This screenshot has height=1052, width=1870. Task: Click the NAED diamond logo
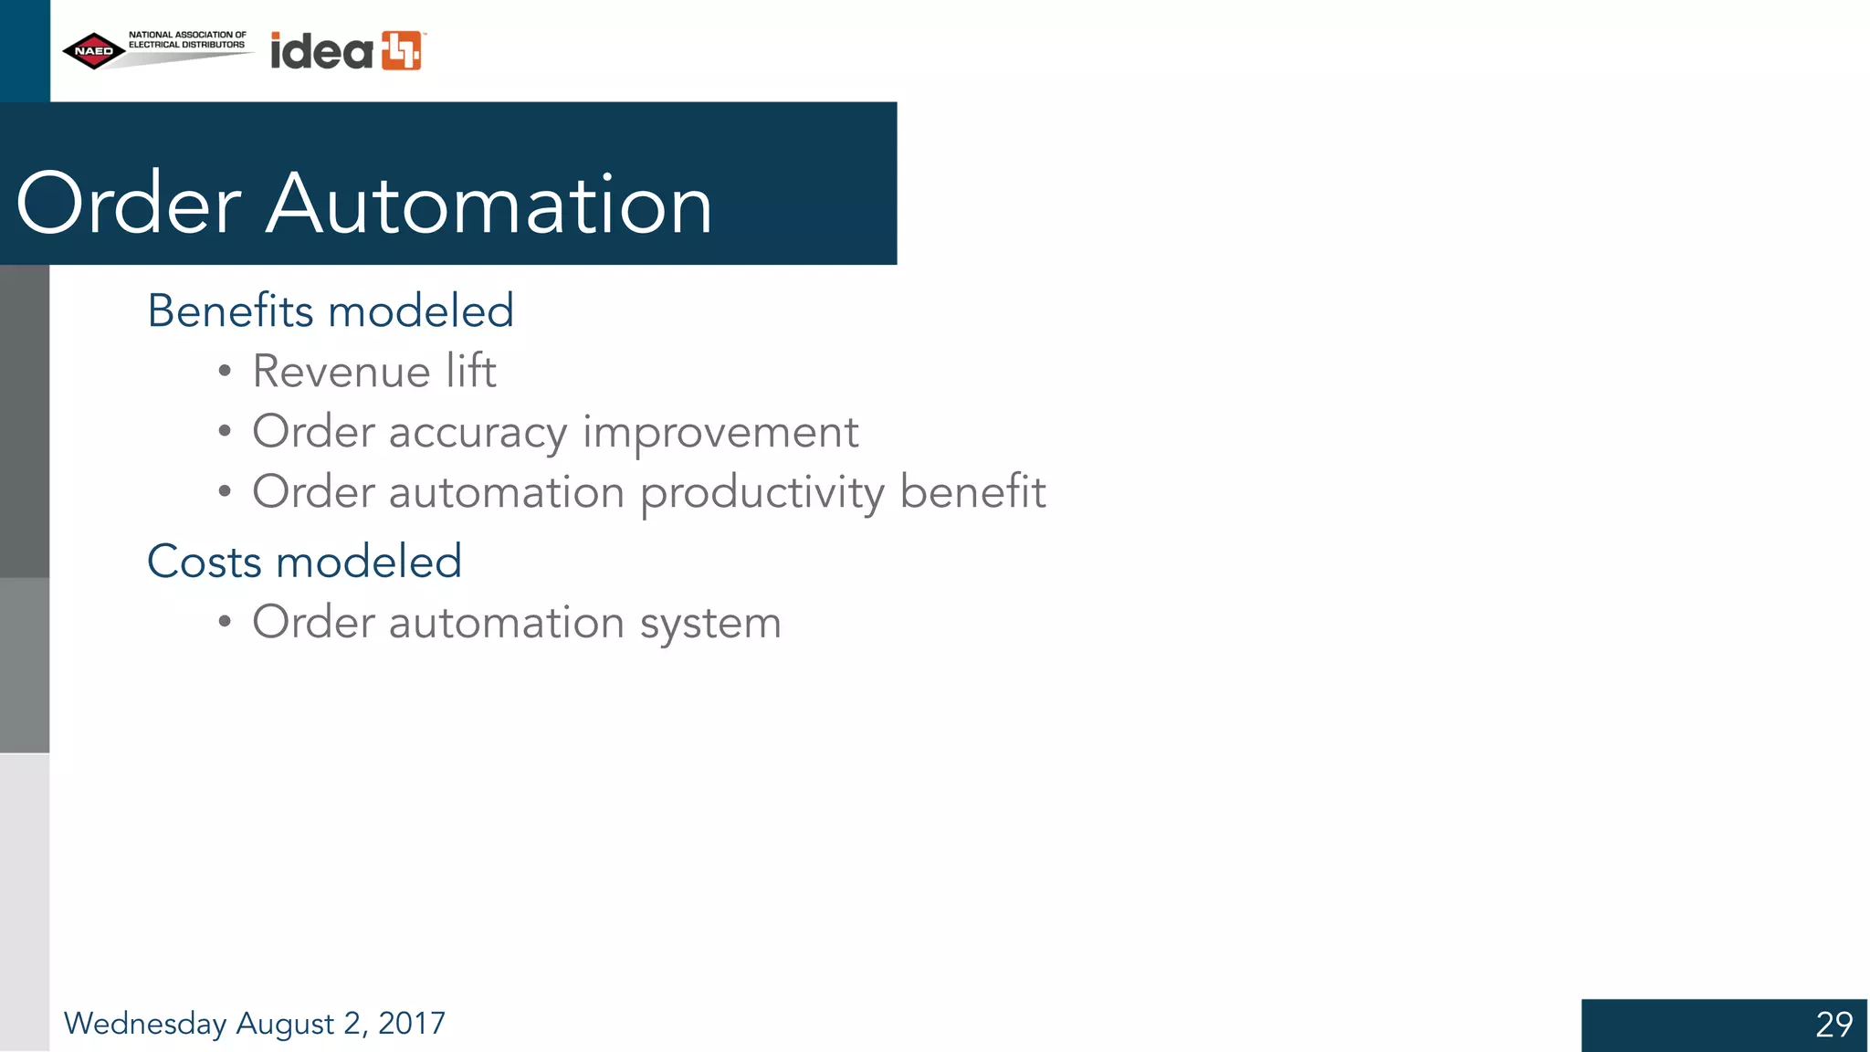click(94, 51)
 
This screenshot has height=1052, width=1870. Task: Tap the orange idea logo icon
click(402, 50)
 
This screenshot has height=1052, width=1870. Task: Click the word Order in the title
click(129, 204)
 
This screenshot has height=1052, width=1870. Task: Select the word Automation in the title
click(489, 204)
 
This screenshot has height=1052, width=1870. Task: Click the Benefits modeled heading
click(331, 310)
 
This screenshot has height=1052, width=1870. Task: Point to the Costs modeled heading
click(304, 561)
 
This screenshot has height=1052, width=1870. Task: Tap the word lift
click(471, 371)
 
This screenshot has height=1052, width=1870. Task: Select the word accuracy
click(478, 432)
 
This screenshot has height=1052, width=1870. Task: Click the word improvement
click(720, 432)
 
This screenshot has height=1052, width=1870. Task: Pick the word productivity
click(762, 493)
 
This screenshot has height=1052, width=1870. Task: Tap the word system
click(710, 624)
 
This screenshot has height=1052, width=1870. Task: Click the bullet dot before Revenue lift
click(225, 372)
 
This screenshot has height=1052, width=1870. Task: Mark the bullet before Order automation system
click(225, 623)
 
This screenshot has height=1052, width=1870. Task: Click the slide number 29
click(1833, 1025)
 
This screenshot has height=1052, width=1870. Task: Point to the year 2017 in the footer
click(412, 1023)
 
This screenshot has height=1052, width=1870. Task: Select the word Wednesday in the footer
click(145, 1024)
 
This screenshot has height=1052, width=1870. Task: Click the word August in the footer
click(285, 1024)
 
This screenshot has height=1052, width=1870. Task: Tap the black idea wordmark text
click(322, 51)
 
